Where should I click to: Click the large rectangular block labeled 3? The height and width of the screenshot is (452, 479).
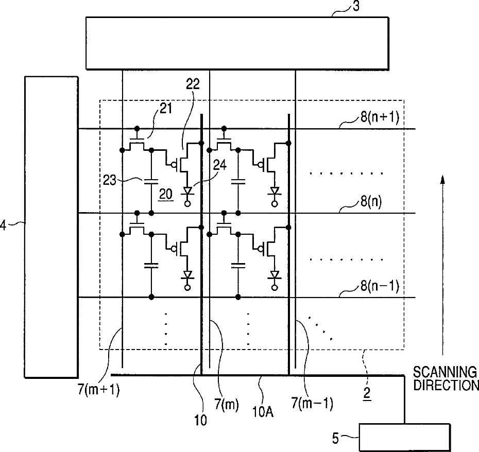(237, 43)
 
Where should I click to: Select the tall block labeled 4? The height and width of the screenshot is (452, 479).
(52, 227)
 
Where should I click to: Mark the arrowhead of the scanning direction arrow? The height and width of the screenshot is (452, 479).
(442, 179)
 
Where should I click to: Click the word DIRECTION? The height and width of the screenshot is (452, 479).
(446, 385)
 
